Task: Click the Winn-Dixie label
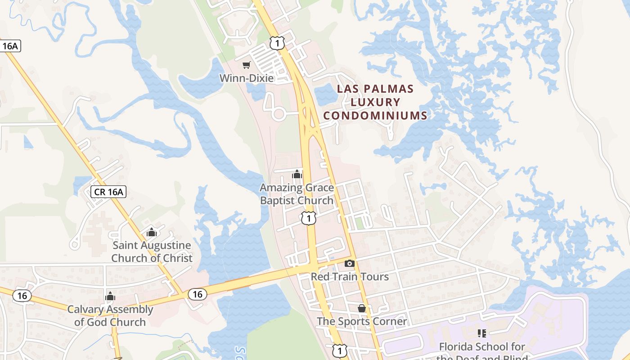point(247,78)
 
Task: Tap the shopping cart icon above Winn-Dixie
point(246,65)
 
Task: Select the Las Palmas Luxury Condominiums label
point(375,102)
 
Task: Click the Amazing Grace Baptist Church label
point(297,194)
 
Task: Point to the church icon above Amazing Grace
point(297,174)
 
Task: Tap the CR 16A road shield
point(108,192)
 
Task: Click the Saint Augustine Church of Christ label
point(152,252)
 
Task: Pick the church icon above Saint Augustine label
point(152,232)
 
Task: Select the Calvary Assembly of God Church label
point(110,315)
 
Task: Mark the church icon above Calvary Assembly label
point(110,296)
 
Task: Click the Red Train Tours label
point(350,276)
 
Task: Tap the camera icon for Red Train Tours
point(350,263)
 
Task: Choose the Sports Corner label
point(362,321)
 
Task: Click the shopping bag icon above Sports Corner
point(362,308)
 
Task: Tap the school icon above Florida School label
point(482,333)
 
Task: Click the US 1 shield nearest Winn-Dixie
point(277,43)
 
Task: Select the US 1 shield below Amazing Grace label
point(309,218)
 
